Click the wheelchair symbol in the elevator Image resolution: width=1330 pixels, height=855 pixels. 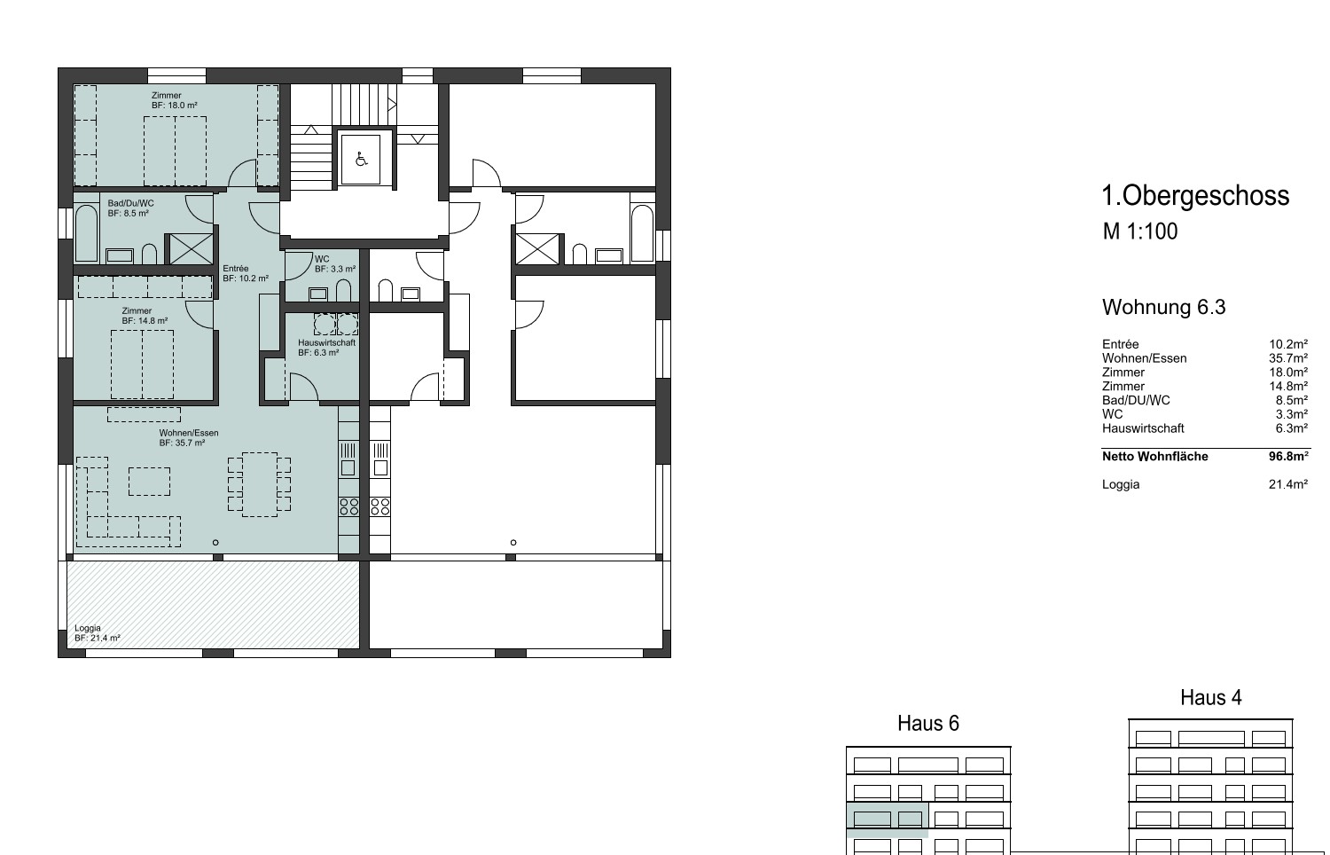361,159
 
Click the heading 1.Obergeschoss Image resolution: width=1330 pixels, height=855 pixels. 1195,195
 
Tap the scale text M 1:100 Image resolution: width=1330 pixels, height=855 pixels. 1140,231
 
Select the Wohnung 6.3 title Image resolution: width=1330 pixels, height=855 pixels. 1163,307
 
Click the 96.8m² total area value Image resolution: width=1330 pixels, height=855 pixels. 1288,456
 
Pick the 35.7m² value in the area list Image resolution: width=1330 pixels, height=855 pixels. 1288,358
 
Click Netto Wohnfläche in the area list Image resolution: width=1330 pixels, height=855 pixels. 1154,456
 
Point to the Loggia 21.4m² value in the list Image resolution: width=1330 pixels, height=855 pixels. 1288,484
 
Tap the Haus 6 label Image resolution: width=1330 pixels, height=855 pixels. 928,723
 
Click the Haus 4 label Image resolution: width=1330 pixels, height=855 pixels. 1210,697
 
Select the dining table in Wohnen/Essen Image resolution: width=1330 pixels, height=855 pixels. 260,484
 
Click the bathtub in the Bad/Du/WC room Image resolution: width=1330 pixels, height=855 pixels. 87,233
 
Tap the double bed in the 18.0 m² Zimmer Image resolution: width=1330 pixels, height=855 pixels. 176,151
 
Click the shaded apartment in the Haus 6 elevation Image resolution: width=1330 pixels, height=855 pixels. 887,820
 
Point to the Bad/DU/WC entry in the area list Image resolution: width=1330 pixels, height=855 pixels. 1136,400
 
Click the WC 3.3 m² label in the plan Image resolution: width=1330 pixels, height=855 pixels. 335,263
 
